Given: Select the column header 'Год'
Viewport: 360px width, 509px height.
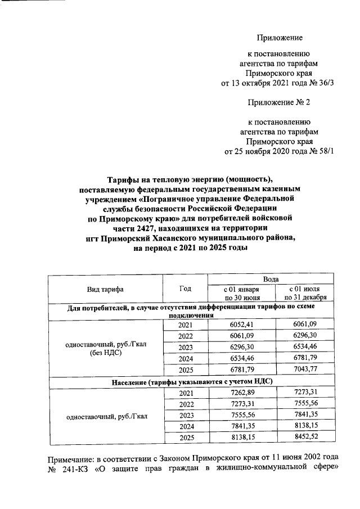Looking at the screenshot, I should point(185,289).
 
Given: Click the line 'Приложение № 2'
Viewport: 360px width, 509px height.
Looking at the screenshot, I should point(279,103).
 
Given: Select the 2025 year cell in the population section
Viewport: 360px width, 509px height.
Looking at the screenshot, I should point(185,437).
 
